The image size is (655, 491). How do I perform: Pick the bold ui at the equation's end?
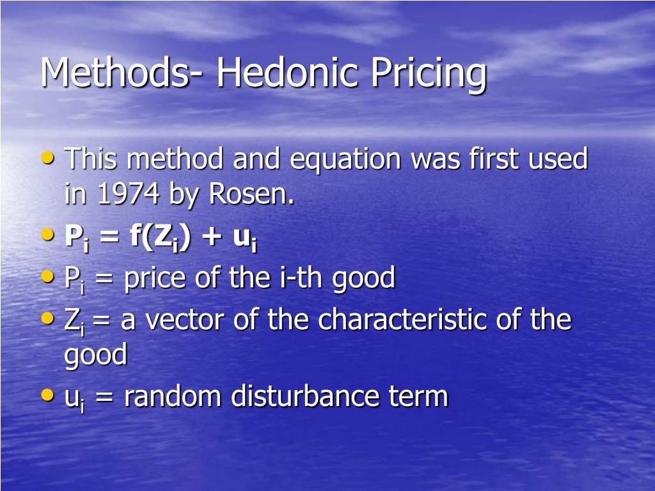click(244, 238)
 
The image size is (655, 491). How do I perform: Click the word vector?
click(182, 319)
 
